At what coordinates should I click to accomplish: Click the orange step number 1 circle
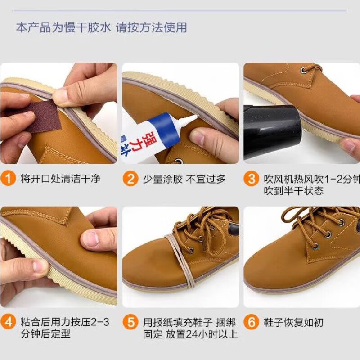pyautogui.click(x=9, y=179)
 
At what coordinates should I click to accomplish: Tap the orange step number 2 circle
pyautogui.click(x=130, y=179)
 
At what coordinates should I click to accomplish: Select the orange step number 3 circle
pyautogui.click(x=252, y=179)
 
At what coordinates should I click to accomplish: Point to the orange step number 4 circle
pyautogui.click(x=9, y=322)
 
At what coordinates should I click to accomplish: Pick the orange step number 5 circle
pyautogui.click(x=130, y=322)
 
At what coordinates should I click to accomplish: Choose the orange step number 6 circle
pyautogui.click(x=252, y=322)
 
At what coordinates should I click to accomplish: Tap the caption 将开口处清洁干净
pyautogui.click(x=60, y=179)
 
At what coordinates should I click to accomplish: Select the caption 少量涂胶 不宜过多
pyautogui.click(x=184, y=179)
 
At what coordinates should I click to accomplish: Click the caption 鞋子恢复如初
pyautogui.click(x=294, y=322)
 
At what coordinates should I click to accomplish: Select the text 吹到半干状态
pyautogui.click(x=293, y=191)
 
